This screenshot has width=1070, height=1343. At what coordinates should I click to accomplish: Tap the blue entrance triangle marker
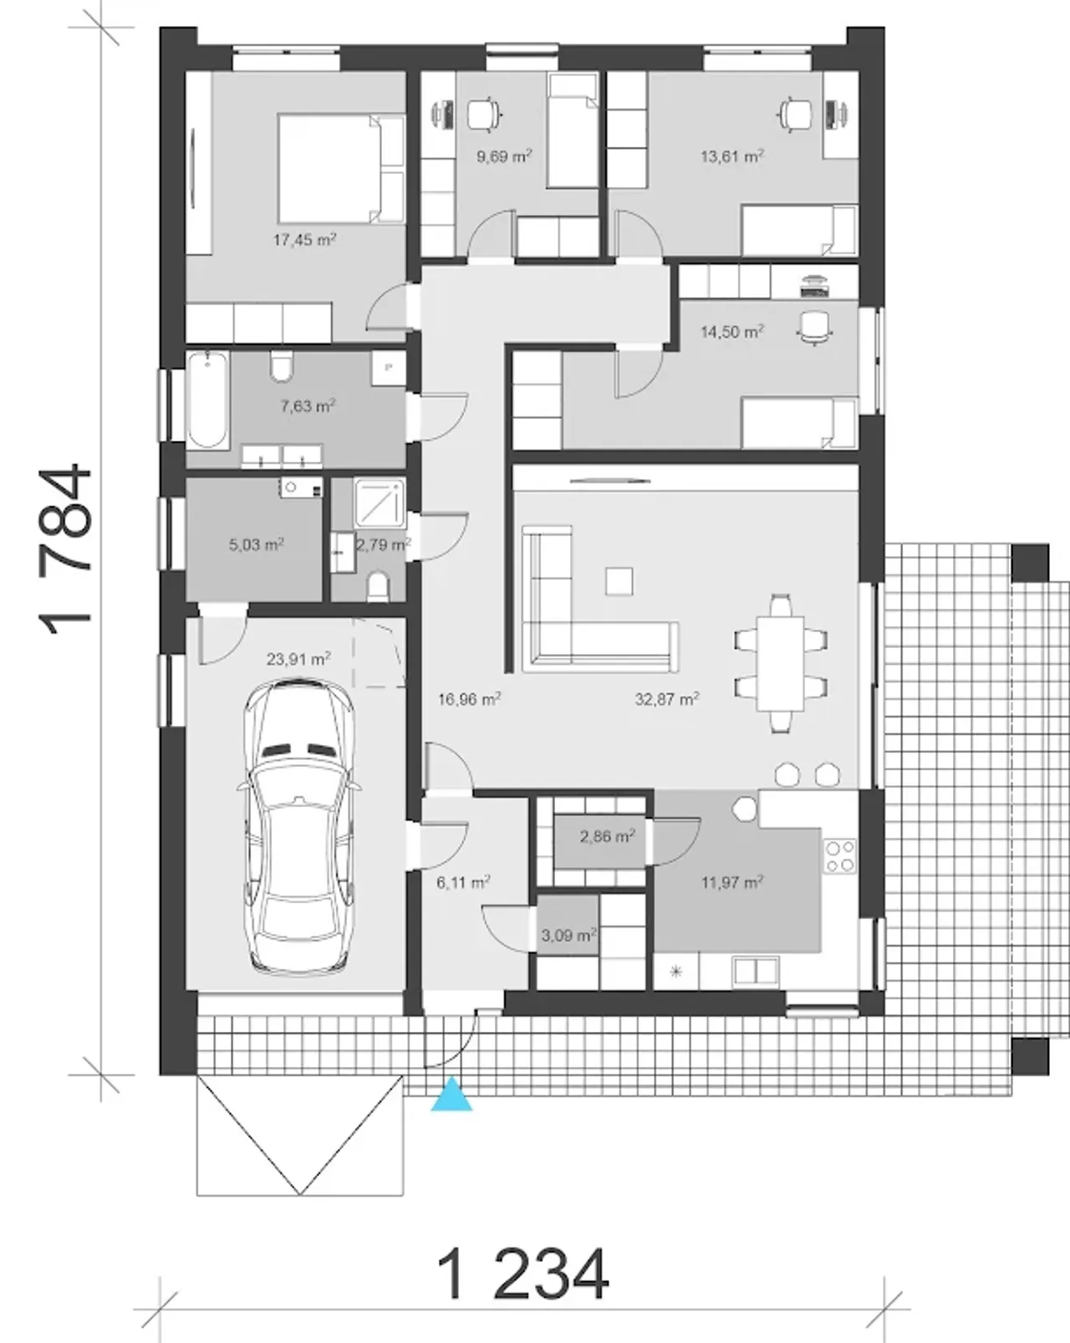click(x=451, y=1093)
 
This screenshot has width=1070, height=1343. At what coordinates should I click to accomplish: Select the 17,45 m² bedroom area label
click(x=304, y=240)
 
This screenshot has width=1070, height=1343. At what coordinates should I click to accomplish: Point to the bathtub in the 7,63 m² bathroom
click(x=208, y=400)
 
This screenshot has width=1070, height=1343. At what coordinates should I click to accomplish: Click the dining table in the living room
click(x=781, y=663)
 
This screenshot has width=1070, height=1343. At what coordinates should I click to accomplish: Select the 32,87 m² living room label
click(x=667, y=699)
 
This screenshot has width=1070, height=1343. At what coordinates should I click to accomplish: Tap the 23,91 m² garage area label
click(x=298, y=659)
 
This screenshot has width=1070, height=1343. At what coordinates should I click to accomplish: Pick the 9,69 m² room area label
click(x=504, y=156)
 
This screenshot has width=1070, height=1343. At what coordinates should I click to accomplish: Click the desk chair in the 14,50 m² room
click(x=815, y=327)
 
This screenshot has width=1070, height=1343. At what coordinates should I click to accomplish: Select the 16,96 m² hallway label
click(x=469, y=699)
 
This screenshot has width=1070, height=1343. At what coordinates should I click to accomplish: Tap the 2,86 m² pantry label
click(x=607, y=836)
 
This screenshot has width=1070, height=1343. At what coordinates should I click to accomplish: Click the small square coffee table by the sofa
click(x=619, y=581)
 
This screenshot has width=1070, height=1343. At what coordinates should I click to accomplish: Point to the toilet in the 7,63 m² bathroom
click(x=282, y=367)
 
